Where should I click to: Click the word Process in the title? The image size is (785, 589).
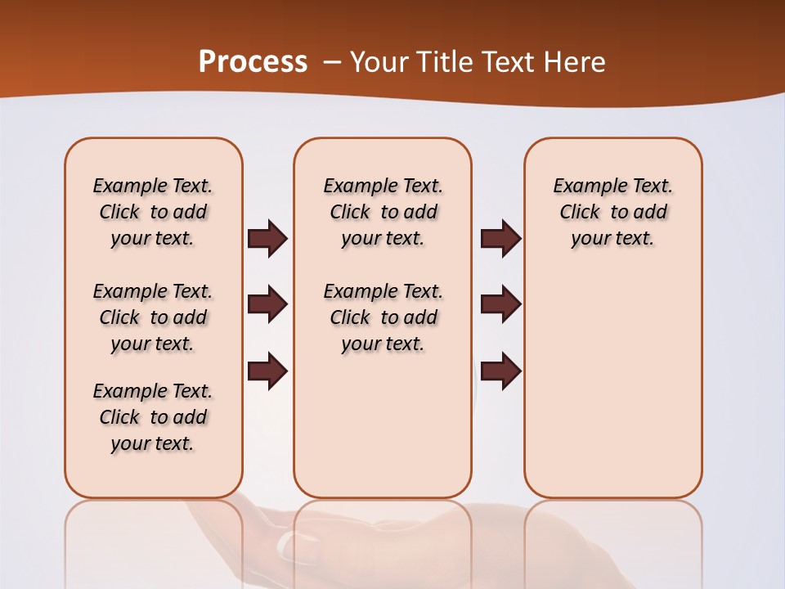click(253, 62)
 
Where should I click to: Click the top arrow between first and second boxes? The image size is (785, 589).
click(267, 238)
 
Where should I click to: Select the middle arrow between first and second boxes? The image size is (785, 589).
click(267, 304)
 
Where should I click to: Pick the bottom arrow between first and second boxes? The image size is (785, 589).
click(267, 371)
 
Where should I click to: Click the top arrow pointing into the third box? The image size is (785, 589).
click(500, 238)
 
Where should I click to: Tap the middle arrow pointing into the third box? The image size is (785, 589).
click(500, 304)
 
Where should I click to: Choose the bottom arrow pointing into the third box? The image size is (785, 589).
click(500, 371)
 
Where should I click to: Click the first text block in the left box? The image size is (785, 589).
click(153, 212)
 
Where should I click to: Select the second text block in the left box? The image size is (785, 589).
click(153, 317)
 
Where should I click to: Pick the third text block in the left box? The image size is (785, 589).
click(153, 417)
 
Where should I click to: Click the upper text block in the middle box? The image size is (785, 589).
click(384, 212)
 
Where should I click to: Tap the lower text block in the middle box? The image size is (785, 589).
click(384, 317)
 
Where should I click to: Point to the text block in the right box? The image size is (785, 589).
click(613, 212)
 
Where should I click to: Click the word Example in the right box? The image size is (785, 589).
click(585, 187)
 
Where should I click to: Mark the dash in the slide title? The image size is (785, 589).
click(331, 62)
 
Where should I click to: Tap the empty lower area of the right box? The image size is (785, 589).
click(613, 393)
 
